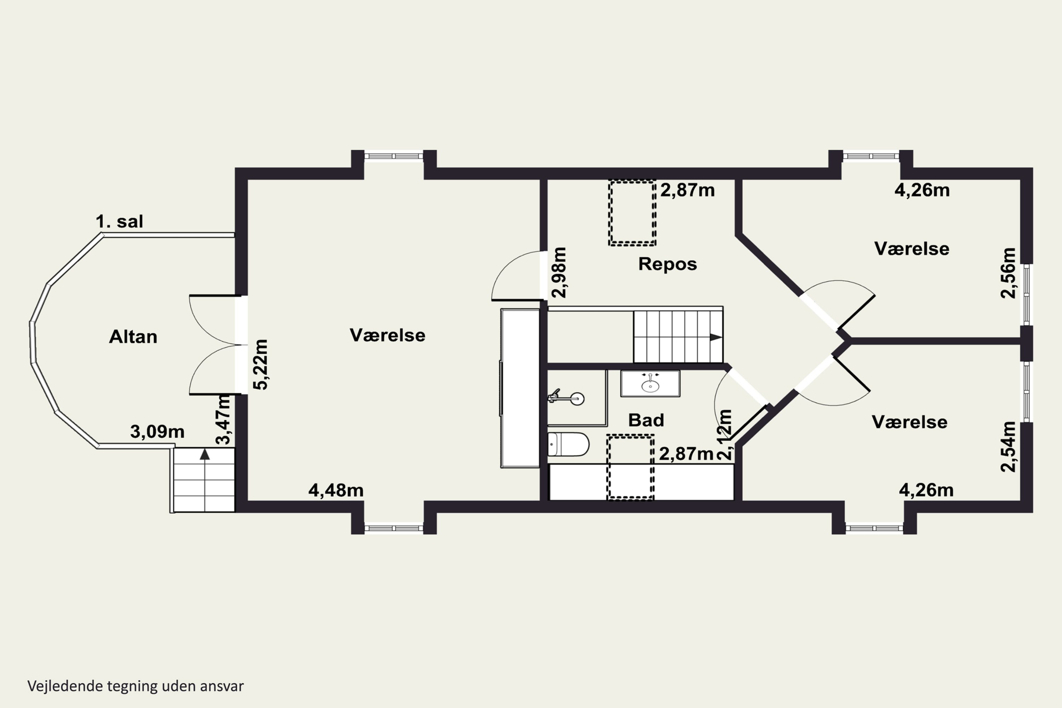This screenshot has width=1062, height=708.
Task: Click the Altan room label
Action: [x=133, y=337]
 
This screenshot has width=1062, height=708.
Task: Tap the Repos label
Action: [x=667, y=264]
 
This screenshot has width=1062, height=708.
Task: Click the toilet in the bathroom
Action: [x=568, y=444]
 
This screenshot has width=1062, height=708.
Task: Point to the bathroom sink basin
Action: [x=650, y=384]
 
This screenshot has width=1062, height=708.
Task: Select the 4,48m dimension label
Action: [x=336, y=490]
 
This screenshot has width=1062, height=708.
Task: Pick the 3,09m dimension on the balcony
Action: [x=157, y=432]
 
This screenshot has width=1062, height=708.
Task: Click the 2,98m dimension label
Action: [x=559, y=272]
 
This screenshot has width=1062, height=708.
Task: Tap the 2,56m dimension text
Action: [x=1008, y=273]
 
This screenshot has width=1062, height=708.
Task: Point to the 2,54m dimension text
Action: [x=1008, y=446]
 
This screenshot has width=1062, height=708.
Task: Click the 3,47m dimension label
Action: [x=223, y=419]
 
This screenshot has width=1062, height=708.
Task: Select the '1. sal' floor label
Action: [x=119, y=222]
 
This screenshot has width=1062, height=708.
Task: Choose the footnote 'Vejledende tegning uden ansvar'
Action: [x=136, y=686]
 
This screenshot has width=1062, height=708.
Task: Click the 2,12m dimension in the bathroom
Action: [x=724, y=434]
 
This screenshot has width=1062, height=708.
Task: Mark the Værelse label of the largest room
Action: [x=387, y=335]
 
